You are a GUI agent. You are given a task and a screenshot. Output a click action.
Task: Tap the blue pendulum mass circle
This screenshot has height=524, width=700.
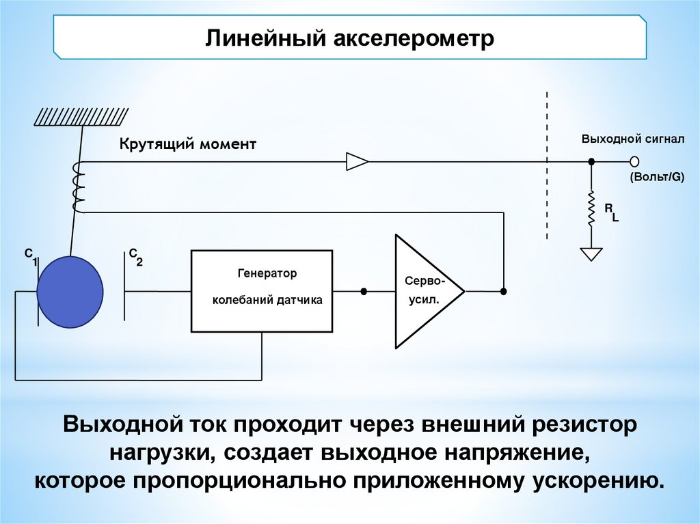70,292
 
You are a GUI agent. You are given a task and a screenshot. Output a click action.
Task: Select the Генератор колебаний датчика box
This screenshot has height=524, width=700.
262,291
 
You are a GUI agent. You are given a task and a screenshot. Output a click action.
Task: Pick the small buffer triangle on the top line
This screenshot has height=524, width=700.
357,162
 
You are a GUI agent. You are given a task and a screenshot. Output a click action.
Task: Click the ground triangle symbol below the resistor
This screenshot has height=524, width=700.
591,253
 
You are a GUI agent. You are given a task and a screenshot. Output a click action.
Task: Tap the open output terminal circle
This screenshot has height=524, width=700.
634,162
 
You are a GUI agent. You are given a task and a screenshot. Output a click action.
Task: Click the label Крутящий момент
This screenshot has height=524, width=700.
188,144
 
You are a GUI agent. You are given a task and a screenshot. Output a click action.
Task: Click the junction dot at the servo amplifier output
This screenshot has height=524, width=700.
504,292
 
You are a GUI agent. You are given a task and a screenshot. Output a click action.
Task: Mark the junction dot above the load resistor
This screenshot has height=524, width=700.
591,162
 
